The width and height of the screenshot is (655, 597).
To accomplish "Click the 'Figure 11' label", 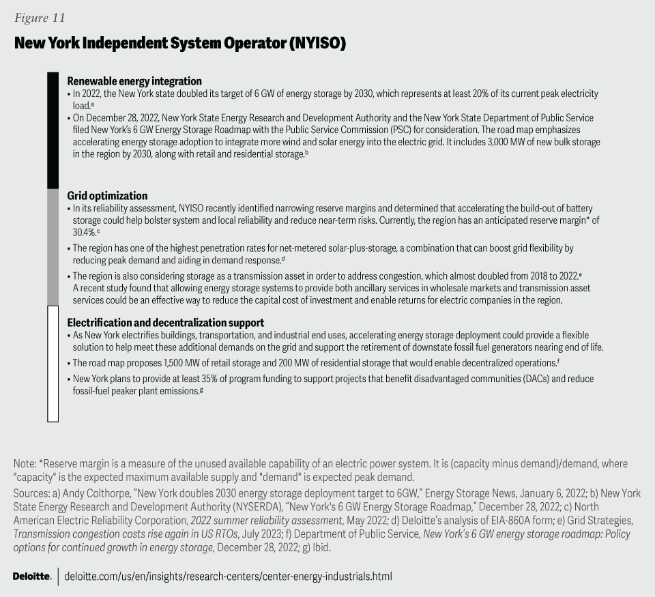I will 40,18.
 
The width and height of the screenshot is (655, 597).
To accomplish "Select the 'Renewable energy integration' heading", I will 134,81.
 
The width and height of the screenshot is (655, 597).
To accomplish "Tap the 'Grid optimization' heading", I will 107,196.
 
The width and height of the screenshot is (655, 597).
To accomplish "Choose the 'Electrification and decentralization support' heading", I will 166,322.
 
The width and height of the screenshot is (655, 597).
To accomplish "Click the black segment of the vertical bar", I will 53,130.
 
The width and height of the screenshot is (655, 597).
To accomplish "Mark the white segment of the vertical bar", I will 53,364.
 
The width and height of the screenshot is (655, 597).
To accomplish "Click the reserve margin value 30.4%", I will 84,232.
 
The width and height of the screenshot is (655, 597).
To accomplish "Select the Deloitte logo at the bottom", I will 31,577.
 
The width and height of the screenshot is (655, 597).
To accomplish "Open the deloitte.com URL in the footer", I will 228,577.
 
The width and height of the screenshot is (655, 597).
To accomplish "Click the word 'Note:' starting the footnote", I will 25,464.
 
